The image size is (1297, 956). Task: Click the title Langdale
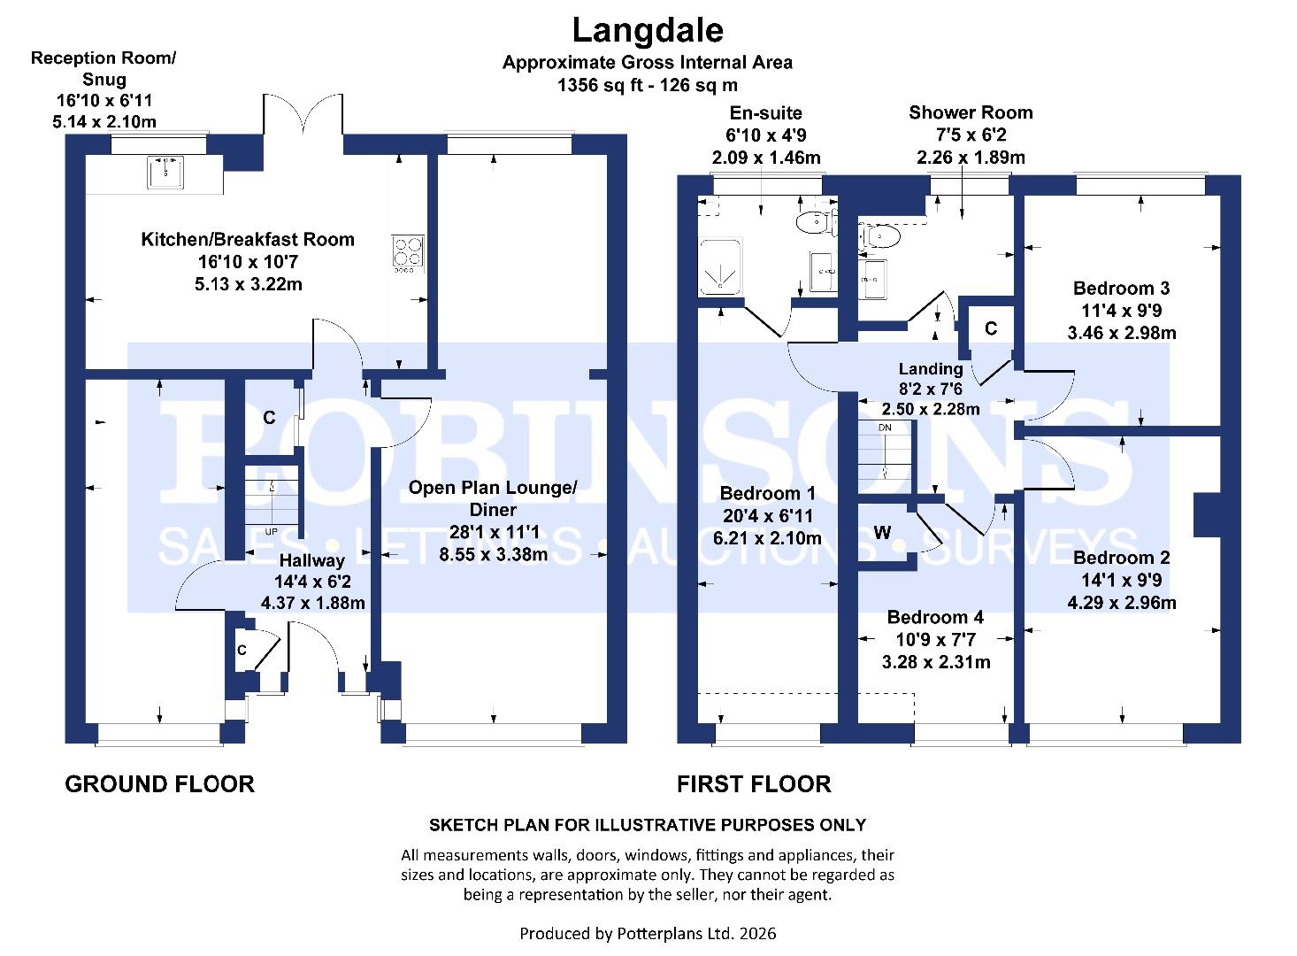tap(648, 30)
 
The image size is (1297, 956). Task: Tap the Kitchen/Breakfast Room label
tap(248, 239)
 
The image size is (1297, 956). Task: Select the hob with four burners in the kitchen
tap(409, 251)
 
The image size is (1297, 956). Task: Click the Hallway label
tap(312, 560)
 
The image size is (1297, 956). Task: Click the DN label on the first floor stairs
tap(885, 428)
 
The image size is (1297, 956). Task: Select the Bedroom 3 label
tap(1121, 288)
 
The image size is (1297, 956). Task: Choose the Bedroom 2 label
tap(1121, 558)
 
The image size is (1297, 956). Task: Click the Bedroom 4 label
tap(935, 617)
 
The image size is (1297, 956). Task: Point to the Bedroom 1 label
tap(767, 493)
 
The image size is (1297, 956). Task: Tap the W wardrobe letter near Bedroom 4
tap(882, 532)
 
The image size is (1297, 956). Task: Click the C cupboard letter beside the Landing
tap(991, 328)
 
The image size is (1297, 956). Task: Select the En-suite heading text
tap(765, 112)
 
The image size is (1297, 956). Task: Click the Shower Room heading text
tap(971, 112)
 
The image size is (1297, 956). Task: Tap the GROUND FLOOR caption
tap(159, 784)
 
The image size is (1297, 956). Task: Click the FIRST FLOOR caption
tap(754, 784)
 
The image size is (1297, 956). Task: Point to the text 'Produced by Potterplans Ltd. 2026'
tap(648, 933)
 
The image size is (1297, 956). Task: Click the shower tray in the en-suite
tap(722, 267)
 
